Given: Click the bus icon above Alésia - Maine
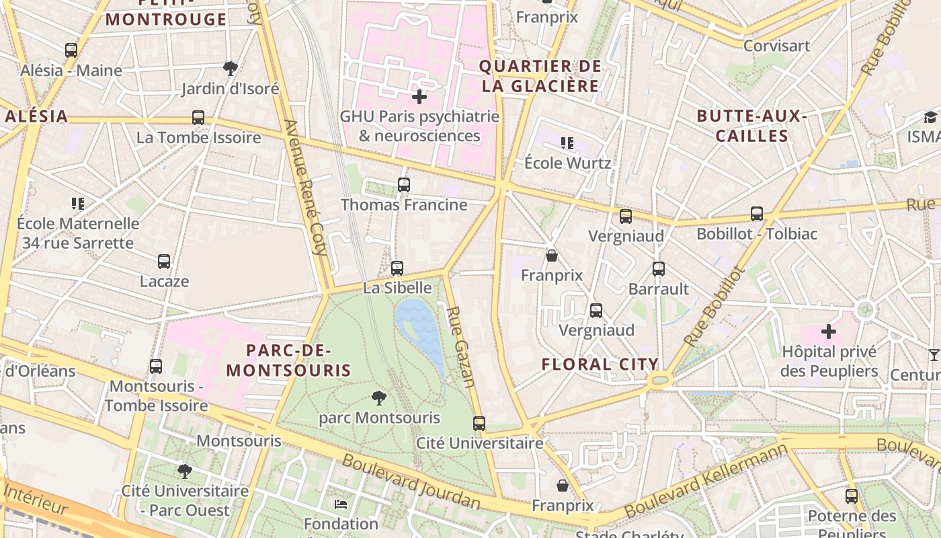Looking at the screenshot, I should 71,50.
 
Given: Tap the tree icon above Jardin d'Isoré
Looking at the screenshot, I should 230,68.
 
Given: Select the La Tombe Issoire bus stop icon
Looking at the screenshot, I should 198,118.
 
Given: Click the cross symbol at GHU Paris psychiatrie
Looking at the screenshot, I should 419,97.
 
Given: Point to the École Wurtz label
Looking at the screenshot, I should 567,163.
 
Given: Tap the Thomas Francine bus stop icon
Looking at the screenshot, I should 403,184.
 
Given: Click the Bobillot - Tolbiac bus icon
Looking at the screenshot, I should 757,214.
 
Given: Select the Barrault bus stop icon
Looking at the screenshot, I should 658,269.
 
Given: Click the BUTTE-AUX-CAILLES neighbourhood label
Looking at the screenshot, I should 751,126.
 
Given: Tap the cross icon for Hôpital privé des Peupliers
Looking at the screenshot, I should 829,332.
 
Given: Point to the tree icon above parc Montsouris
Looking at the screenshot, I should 379,397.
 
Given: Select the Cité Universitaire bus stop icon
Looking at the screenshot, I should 479,423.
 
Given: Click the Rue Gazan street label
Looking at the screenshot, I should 461,346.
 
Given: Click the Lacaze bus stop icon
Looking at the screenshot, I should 164,261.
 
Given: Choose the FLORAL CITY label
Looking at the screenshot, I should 600,364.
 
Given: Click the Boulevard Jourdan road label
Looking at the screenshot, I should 411,482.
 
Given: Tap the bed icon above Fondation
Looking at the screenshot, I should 341,504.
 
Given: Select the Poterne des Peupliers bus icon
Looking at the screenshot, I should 851,496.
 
